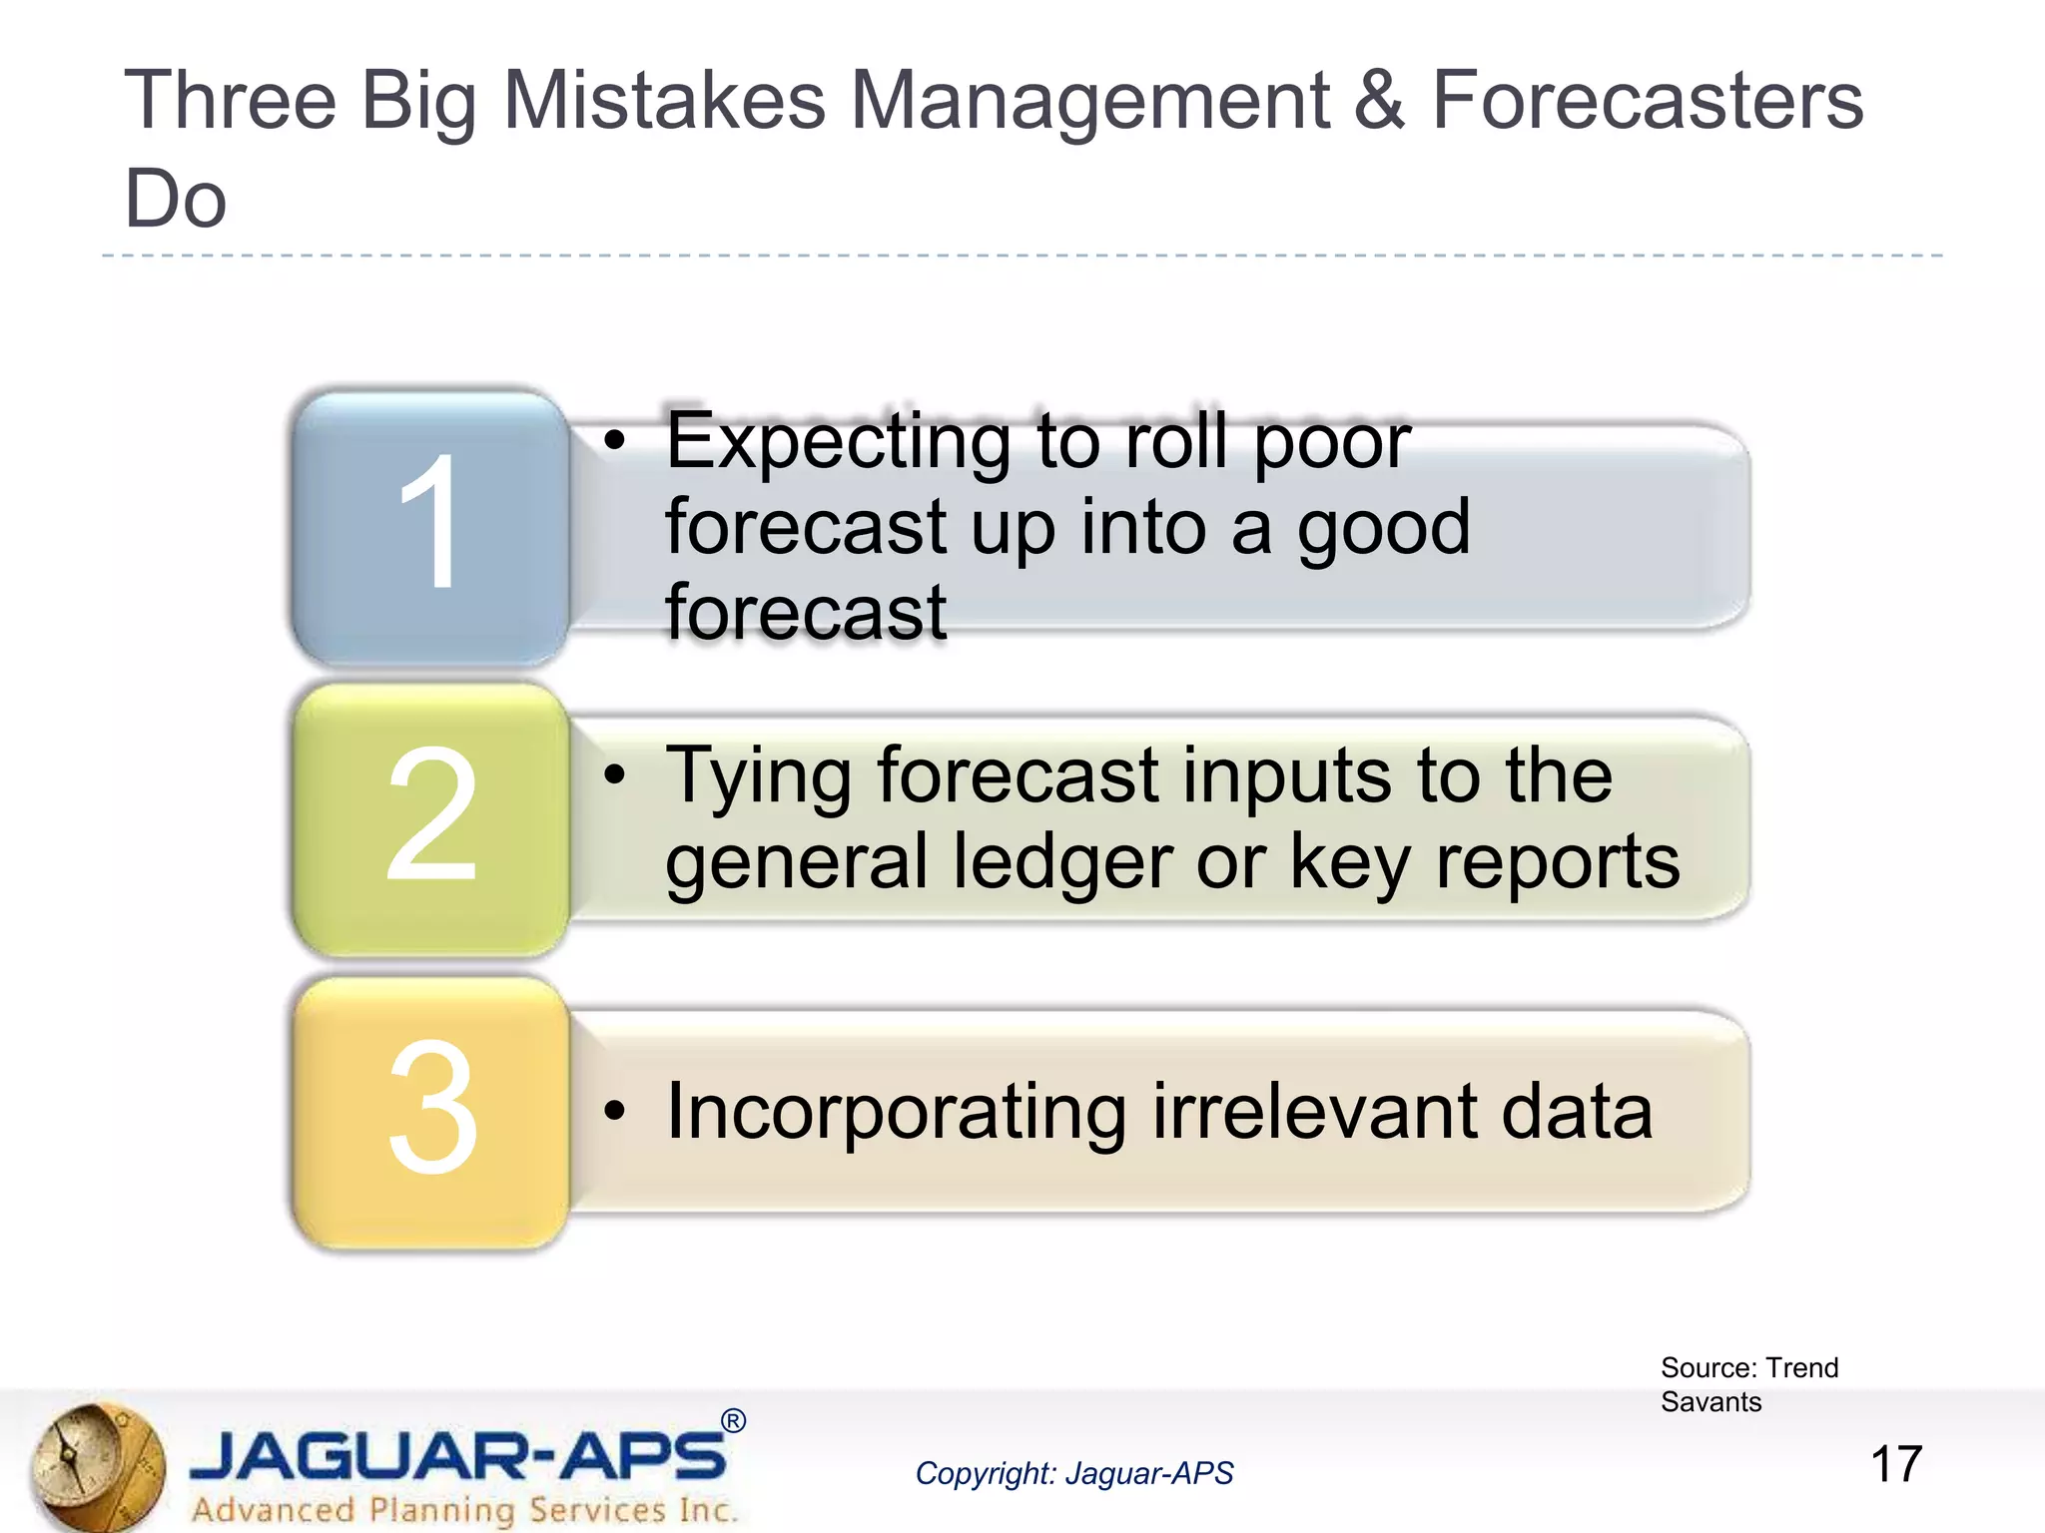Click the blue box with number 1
coord(430,526)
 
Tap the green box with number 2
coord(430,818)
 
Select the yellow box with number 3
coord(430,1110)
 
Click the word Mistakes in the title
coord(665,101)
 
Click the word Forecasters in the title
coord(1648,101)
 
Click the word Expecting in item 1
coord(838,442)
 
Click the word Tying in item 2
coord(759,777)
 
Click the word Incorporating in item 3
coord(896,1112)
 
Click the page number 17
coord(1895,1464)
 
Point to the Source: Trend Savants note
coord(1748,1384)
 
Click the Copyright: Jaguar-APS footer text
coord(1074,1473)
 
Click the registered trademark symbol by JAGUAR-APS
coord(733,1420)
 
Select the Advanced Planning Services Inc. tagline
coord(464,1509)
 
